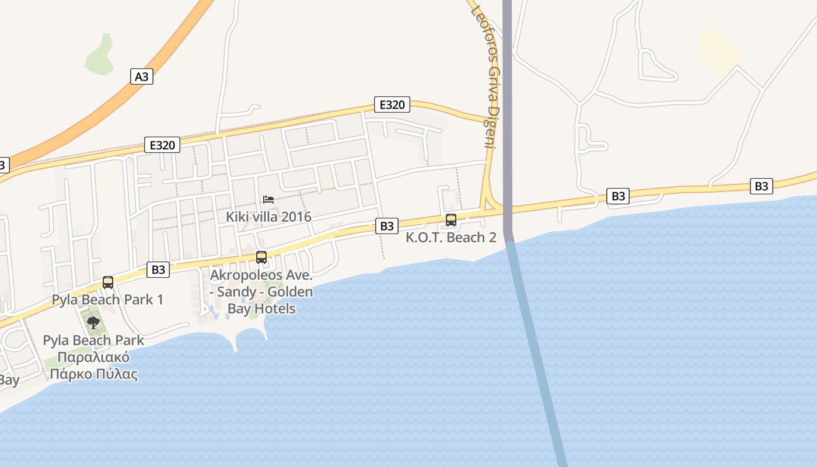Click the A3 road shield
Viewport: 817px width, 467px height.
(x=142, y=76)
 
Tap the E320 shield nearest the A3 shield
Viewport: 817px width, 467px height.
(x=162, y=145)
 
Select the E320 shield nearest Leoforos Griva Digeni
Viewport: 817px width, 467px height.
(x=392, y=104)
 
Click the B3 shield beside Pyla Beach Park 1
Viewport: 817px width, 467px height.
(x=158, y=269)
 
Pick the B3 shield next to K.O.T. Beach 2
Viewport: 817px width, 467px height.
(x=386, y=226)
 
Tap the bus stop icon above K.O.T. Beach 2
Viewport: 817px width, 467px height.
(x=451, y=220)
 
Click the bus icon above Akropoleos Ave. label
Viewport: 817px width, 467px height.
(x=261, y=257)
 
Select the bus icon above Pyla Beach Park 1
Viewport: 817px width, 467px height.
(x=108, y=283)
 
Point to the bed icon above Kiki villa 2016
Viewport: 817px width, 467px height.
(x=268, y=200)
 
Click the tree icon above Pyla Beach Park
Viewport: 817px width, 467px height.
(x=93, y=322)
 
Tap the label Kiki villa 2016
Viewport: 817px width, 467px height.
(x=268, y=217)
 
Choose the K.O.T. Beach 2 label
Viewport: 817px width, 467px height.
(x=451, y=238)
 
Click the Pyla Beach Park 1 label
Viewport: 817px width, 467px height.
(x=107, y=300)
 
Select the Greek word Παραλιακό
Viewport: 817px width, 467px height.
(x=93, y=357)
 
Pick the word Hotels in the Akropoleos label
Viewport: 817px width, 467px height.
(x=274, y=309)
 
